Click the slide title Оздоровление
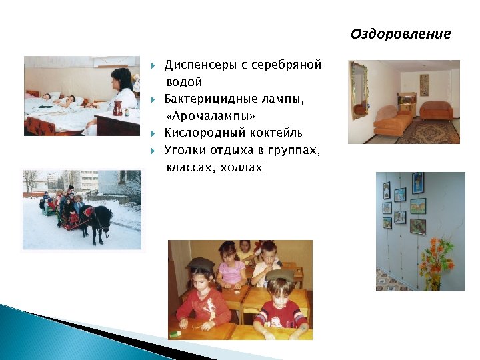[x=401, y=34]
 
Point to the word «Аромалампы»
[x=211, y=116]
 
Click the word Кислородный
[x=205, y=133]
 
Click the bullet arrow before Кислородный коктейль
[x=153, y=133]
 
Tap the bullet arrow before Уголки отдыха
[x=153, y=151]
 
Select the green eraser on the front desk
[x=175, y=333]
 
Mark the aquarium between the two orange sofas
[x=407, y=99]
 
